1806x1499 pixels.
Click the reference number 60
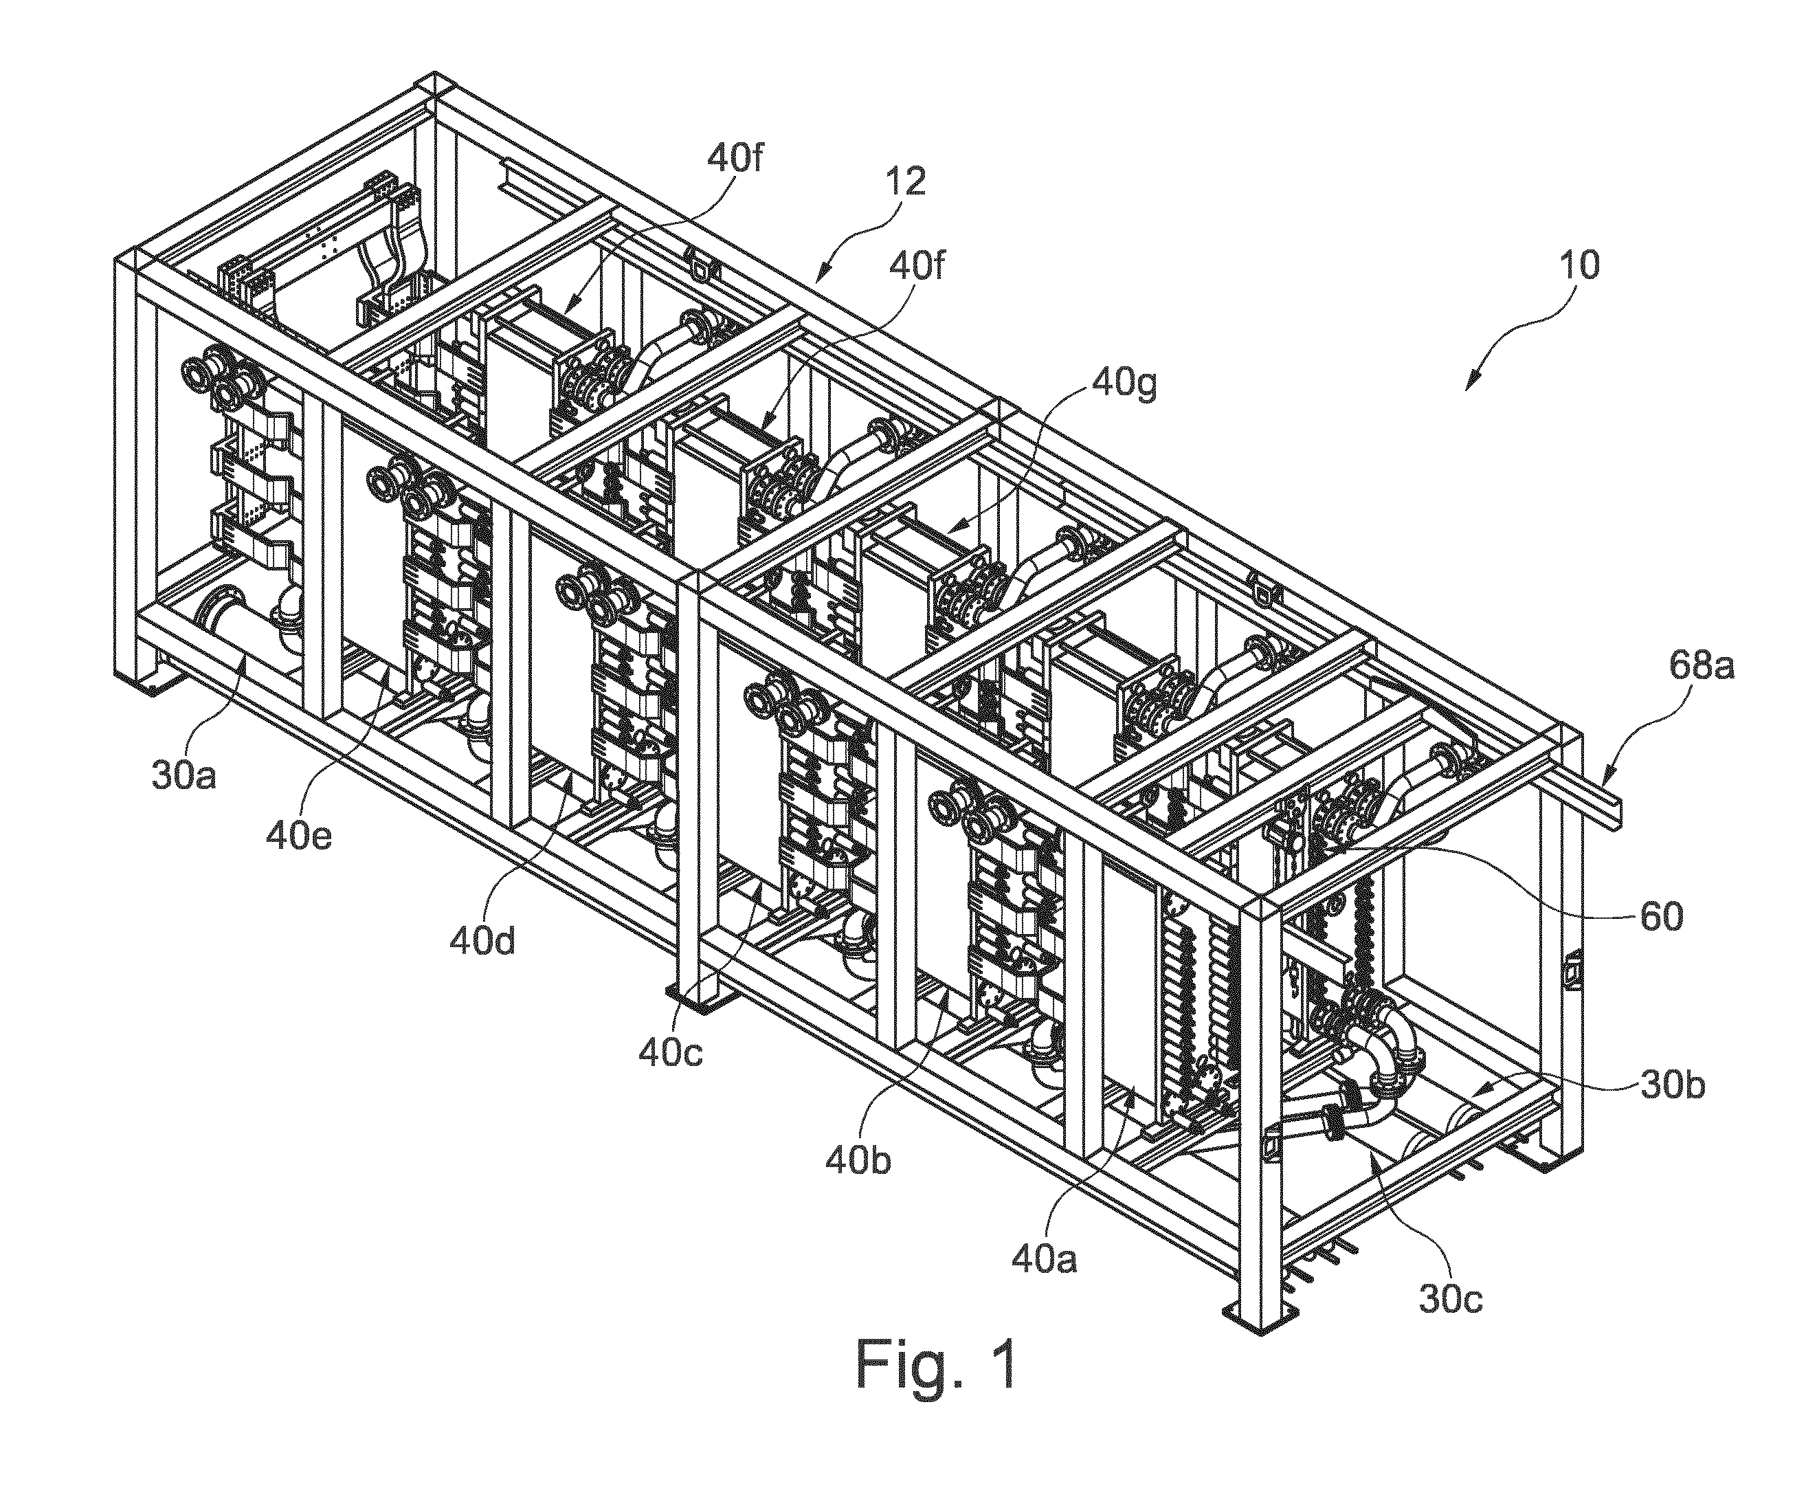click(1661, 918)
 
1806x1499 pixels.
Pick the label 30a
click(184, 775)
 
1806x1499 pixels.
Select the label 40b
click(858, 1161)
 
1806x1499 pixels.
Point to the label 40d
click(482, 942)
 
